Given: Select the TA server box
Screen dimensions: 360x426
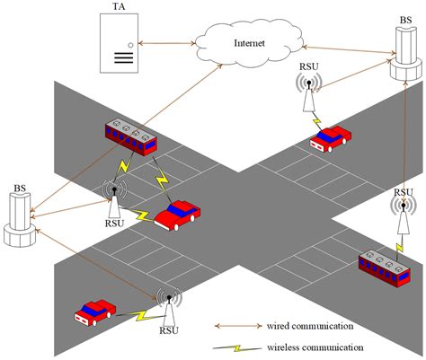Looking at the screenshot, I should point(120,42).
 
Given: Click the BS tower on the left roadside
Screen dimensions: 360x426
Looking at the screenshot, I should point(19,220).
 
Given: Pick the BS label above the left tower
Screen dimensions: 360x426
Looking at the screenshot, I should point(19,189).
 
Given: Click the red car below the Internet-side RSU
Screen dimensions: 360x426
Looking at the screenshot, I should point(329,138).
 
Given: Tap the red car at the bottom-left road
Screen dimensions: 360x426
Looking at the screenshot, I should point(95,311).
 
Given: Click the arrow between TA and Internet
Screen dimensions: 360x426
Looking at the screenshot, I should point(168,41).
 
